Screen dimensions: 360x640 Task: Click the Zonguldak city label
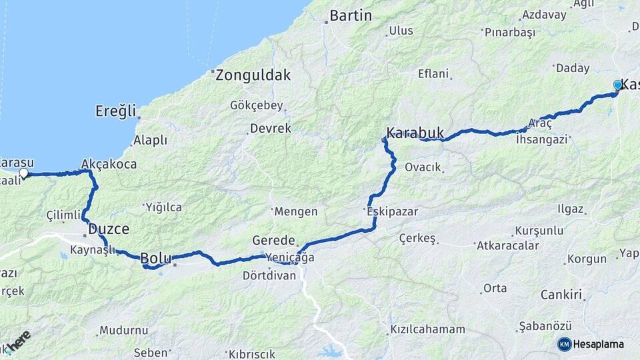253,75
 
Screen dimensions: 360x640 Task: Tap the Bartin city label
351,15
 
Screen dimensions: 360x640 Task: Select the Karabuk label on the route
415,132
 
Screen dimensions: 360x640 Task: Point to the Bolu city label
156,258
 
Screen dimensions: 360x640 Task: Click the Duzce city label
109,229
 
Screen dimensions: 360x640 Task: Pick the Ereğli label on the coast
115,110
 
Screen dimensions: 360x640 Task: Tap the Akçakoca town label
109,163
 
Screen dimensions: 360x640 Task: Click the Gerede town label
273,240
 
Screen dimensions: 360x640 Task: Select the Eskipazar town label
392,211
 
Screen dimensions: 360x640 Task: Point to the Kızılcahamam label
427,329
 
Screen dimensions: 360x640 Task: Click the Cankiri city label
561,294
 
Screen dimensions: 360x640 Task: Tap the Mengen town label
297,211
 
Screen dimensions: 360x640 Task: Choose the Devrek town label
271,128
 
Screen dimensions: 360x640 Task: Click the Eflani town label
433,74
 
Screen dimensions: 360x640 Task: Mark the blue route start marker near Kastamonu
618,85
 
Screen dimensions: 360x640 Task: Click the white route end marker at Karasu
24,173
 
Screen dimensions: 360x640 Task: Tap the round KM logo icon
564,344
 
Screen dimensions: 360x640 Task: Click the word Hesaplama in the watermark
599,344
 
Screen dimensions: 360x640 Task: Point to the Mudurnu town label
123,330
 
